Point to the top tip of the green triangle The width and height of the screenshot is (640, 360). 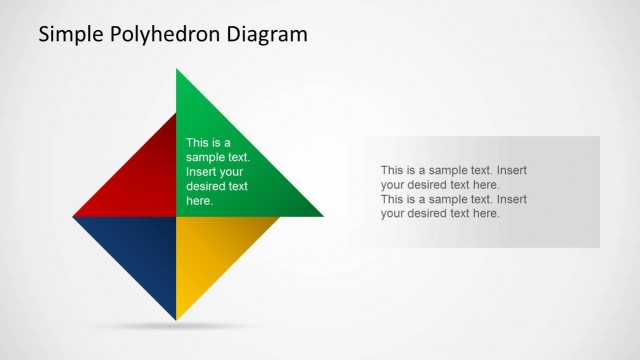[x=177, y=71]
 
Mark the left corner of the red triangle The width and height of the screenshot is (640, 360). [x=76, y=215]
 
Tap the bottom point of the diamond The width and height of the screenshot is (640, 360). [x=177, y=318]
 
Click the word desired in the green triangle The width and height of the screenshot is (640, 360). [x=204, y=186]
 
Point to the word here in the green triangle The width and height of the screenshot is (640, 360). [x=199, y=200]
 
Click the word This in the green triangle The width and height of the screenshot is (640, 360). [x=198, y=143]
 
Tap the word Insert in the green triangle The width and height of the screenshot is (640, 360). [x=202, y=171]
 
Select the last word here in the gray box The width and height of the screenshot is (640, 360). [x=485, y=213]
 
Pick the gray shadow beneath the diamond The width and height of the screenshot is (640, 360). [x=177, y=327]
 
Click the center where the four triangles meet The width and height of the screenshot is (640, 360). [x=177, y=216]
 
